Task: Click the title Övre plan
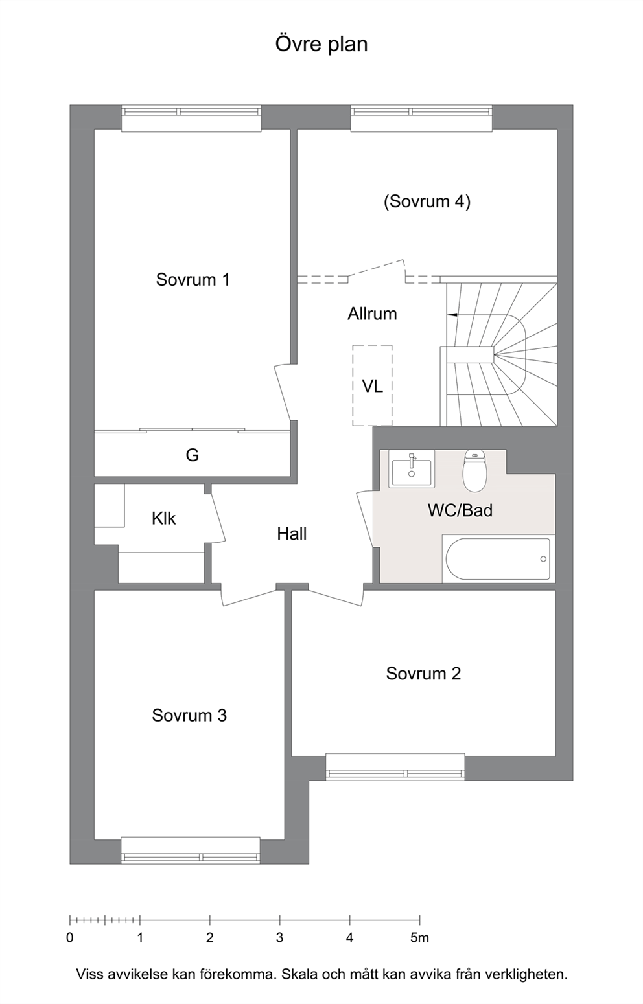tap(321, 45)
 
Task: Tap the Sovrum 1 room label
tap(193, 280)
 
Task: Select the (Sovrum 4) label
tap(427, 201)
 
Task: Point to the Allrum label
tap(372, 314)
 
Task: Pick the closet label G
tap(193, 455)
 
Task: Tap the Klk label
tap(163, 519)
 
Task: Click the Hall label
tap(292, 534)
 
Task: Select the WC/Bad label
tap(460, 510)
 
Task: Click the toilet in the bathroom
tap(474, 471)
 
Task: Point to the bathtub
tap(498, 559)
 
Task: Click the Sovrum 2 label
tap(423, 674)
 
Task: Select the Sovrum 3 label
tap(189, 715)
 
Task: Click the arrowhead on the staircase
tap(452, 315)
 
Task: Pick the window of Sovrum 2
tap(395, 768)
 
